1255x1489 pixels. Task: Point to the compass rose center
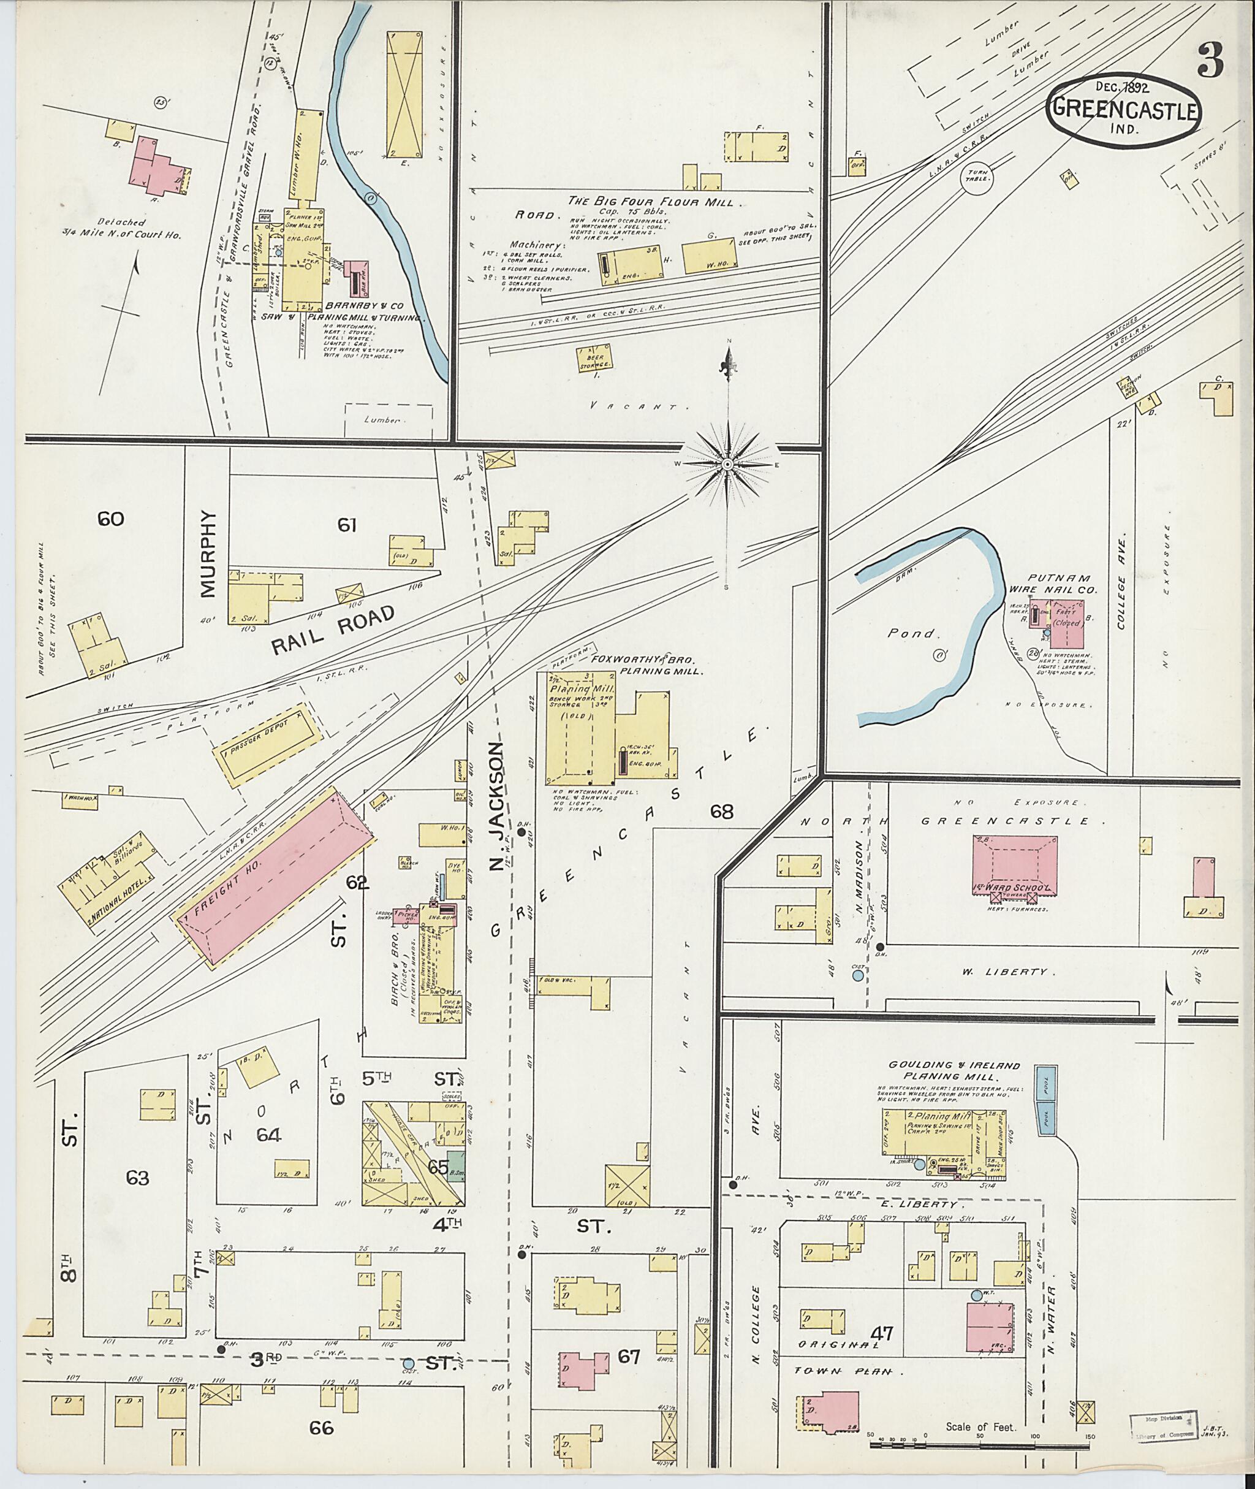[727, 465]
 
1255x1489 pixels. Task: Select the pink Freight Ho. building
[275, 880]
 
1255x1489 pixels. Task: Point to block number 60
[111, 519]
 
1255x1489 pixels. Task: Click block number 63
[137, 1178]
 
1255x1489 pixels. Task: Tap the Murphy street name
[207, 553]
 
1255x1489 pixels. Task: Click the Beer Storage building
[595, 359]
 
